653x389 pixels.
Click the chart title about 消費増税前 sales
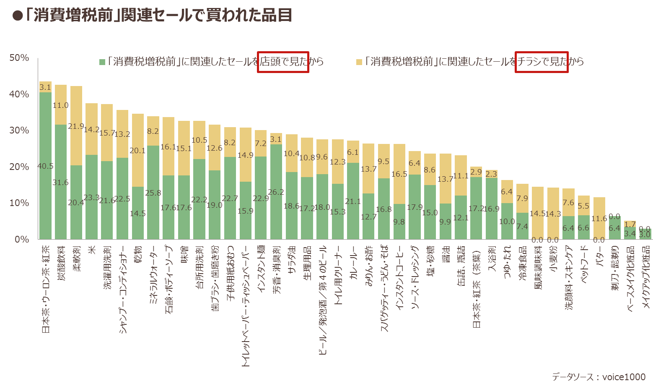[x=152, y=15]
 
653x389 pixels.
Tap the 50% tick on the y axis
[x=19, y=58]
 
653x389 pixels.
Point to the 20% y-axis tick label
[x=19, y=167]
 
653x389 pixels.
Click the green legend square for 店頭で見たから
[x=102, y=62]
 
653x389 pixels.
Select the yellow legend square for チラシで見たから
[x=359, y=62]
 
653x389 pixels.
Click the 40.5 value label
[x=46, y=166]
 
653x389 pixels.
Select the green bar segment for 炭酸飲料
[x=61, y=182]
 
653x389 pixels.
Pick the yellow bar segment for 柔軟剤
[x=76, y=126]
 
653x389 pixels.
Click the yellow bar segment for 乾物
[x=138, y=150]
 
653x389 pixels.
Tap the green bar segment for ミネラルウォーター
[x=153, y=192]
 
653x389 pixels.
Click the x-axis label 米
[x=92, y=250]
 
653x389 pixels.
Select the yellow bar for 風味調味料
[x=538, y=213]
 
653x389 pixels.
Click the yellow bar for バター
[x=599, y=218]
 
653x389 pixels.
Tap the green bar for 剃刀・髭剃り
[x=614, y=227]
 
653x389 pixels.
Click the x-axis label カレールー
[x=353, y=263]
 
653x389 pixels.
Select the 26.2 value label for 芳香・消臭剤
[x=276, y=192]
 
